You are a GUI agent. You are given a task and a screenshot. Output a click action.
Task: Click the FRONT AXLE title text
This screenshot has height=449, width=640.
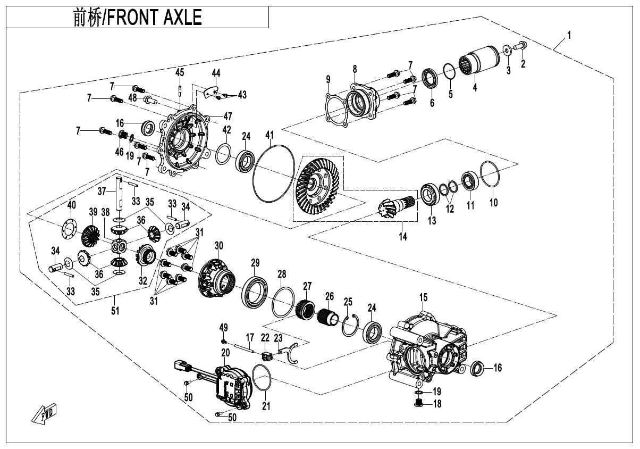pos(137,17)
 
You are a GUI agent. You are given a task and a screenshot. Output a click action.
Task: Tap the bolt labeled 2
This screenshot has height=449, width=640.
pos(521,49)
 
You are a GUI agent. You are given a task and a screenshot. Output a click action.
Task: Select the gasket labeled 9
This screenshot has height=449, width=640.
pos(335,112)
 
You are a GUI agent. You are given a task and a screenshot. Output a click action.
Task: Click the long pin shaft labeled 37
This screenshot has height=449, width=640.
pos(121,193)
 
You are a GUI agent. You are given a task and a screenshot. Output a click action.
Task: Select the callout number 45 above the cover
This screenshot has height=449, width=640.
pos(180,72)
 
